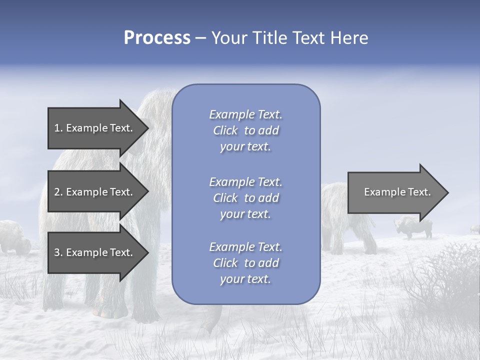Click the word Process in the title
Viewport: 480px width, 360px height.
tap(157, 38)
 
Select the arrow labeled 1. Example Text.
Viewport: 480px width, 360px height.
tap(95, 128)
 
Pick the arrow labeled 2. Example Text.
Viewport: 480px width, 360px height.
tap(95, 192)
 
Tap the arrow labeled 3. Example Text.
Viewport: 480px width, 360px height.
tap(95, 252)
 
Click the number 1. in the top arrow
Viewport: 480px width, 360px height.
tap(58, 128)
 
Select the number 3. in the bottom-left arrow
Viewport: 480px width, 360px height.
tap(58, 252)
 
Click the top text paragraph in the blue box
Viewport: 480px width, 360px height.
tap(245, 130)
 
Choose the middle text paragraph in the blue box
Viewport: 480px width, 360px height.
tap(245, 198)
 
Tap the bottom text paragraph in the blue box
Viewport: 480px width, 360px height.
tap(245, 263)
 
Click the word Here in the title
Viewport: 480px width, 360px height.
tap(349, 38)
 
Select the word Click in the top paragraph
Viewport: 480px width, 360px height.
tap(225, 130)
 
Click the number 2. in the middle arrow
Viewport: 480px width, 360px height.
tap(58, 192)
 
